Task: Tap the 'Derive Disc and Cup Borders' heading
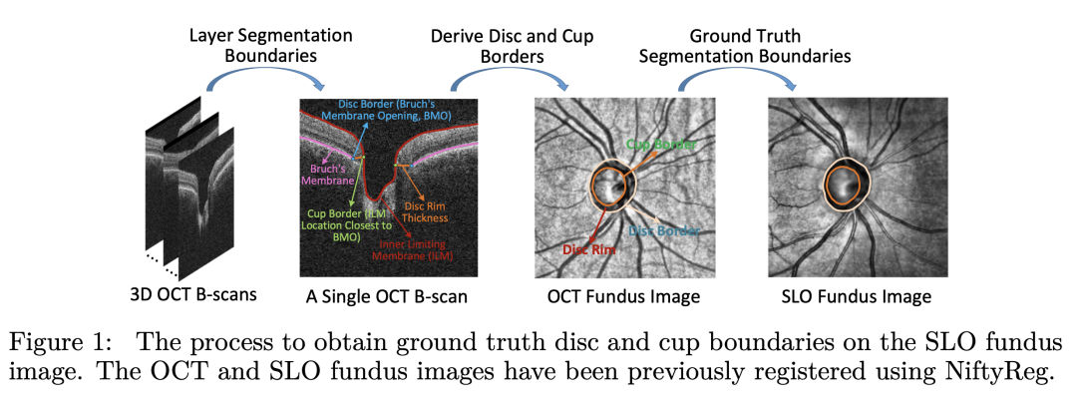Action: [512, 46]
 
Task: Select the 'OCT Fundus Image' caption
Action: [623, 296]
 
